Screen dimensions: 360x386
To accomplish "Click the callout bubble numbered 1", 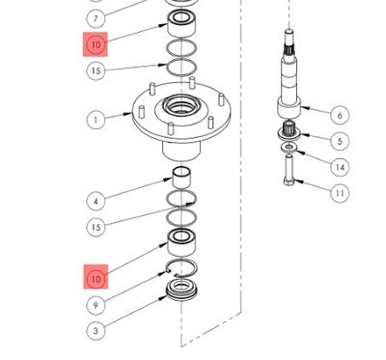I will (x=96, y=120).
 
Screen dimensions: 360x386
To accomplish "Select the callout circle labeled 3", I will (x=96, y=331).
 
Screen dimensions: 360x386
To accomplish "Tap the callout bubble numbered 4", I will (x=96, y=202).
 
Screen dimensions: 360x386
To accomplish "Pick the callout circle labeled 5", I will (x=339, y=141).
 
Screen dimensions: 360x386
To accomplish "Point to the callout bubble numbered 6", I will (x=339, y=115).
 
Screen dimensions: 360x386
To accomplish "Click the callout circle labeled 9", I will (x=96, y=305).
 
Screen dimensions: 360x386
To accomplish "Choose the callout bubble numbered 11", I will (x=339, y=193).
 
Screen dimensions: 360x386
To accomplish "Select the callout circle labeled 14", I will (x=339, y=167).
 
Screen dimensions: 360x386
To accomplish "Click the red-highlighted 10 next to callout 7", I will (x=96, y=44).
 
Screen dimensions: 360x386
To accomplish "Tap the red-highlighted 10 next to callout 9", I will (x=96, y=279).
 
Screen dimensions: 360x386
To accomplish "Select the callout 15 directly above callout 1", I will (x=96, y=70).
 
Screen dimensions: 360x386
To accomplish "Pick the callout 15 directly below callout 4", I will (x=96, y=228).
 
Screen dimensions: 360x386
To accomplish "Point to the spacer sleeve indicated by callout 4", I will (x=179, y=177).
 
